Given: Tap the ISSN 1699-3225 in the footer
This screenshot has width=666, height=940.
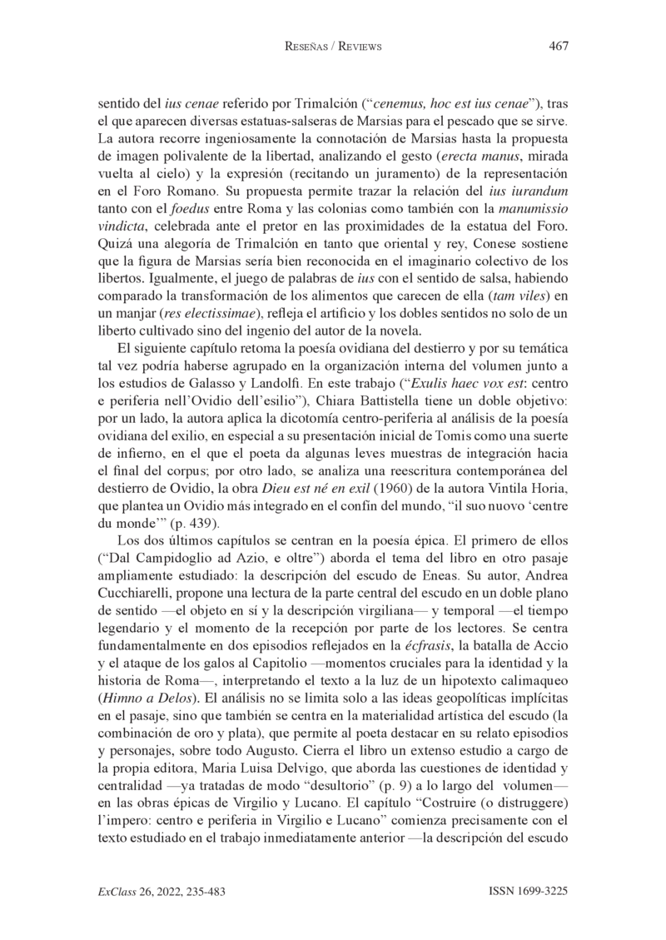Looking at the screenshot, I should [x=528, y=891].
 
